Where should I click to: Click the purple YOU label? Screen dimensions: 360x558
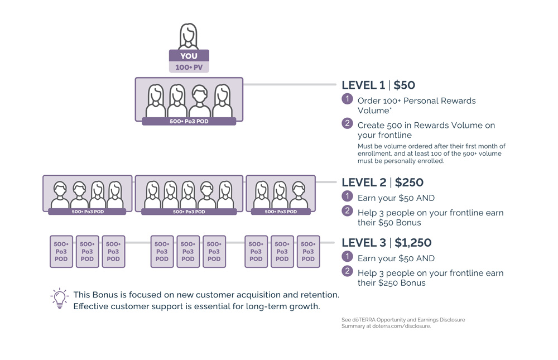coord(189,56)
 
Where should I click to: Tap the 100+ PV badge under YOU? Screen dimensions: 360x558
coord(189,68)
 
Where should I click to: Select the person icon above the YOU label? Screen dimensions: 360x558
coord(189,36)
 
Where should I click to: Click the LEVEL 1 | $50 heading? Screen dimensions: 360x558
coord(378,85)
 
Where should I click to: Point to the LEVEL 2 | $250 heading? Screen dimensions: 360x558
coord(382,183)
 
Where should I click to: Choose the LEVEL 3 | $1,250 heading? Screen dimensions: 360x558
coord(386,243)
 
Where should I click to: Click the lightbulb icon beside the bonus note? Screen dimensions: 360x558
coord(59,299)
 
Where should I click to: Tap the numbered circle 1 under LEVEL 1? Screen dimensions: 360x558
coord(347,99)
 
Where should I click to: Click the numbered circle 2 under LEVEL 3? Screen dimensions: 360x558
coord(347,271)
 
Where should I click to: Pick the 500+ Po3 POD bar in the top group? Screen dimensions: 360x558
coord(189,121)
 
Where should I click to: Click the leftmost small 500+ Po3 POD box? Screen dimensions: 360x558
coord(61,251)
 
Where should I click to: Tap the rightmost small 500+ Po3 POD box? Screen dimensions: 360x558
coord(309,251)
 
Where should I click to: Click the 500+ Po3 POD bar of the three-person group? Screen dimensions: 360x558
coord(281,212)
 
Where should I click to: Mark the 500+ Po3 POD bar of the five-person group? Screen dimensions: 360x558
coord(189,212)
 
